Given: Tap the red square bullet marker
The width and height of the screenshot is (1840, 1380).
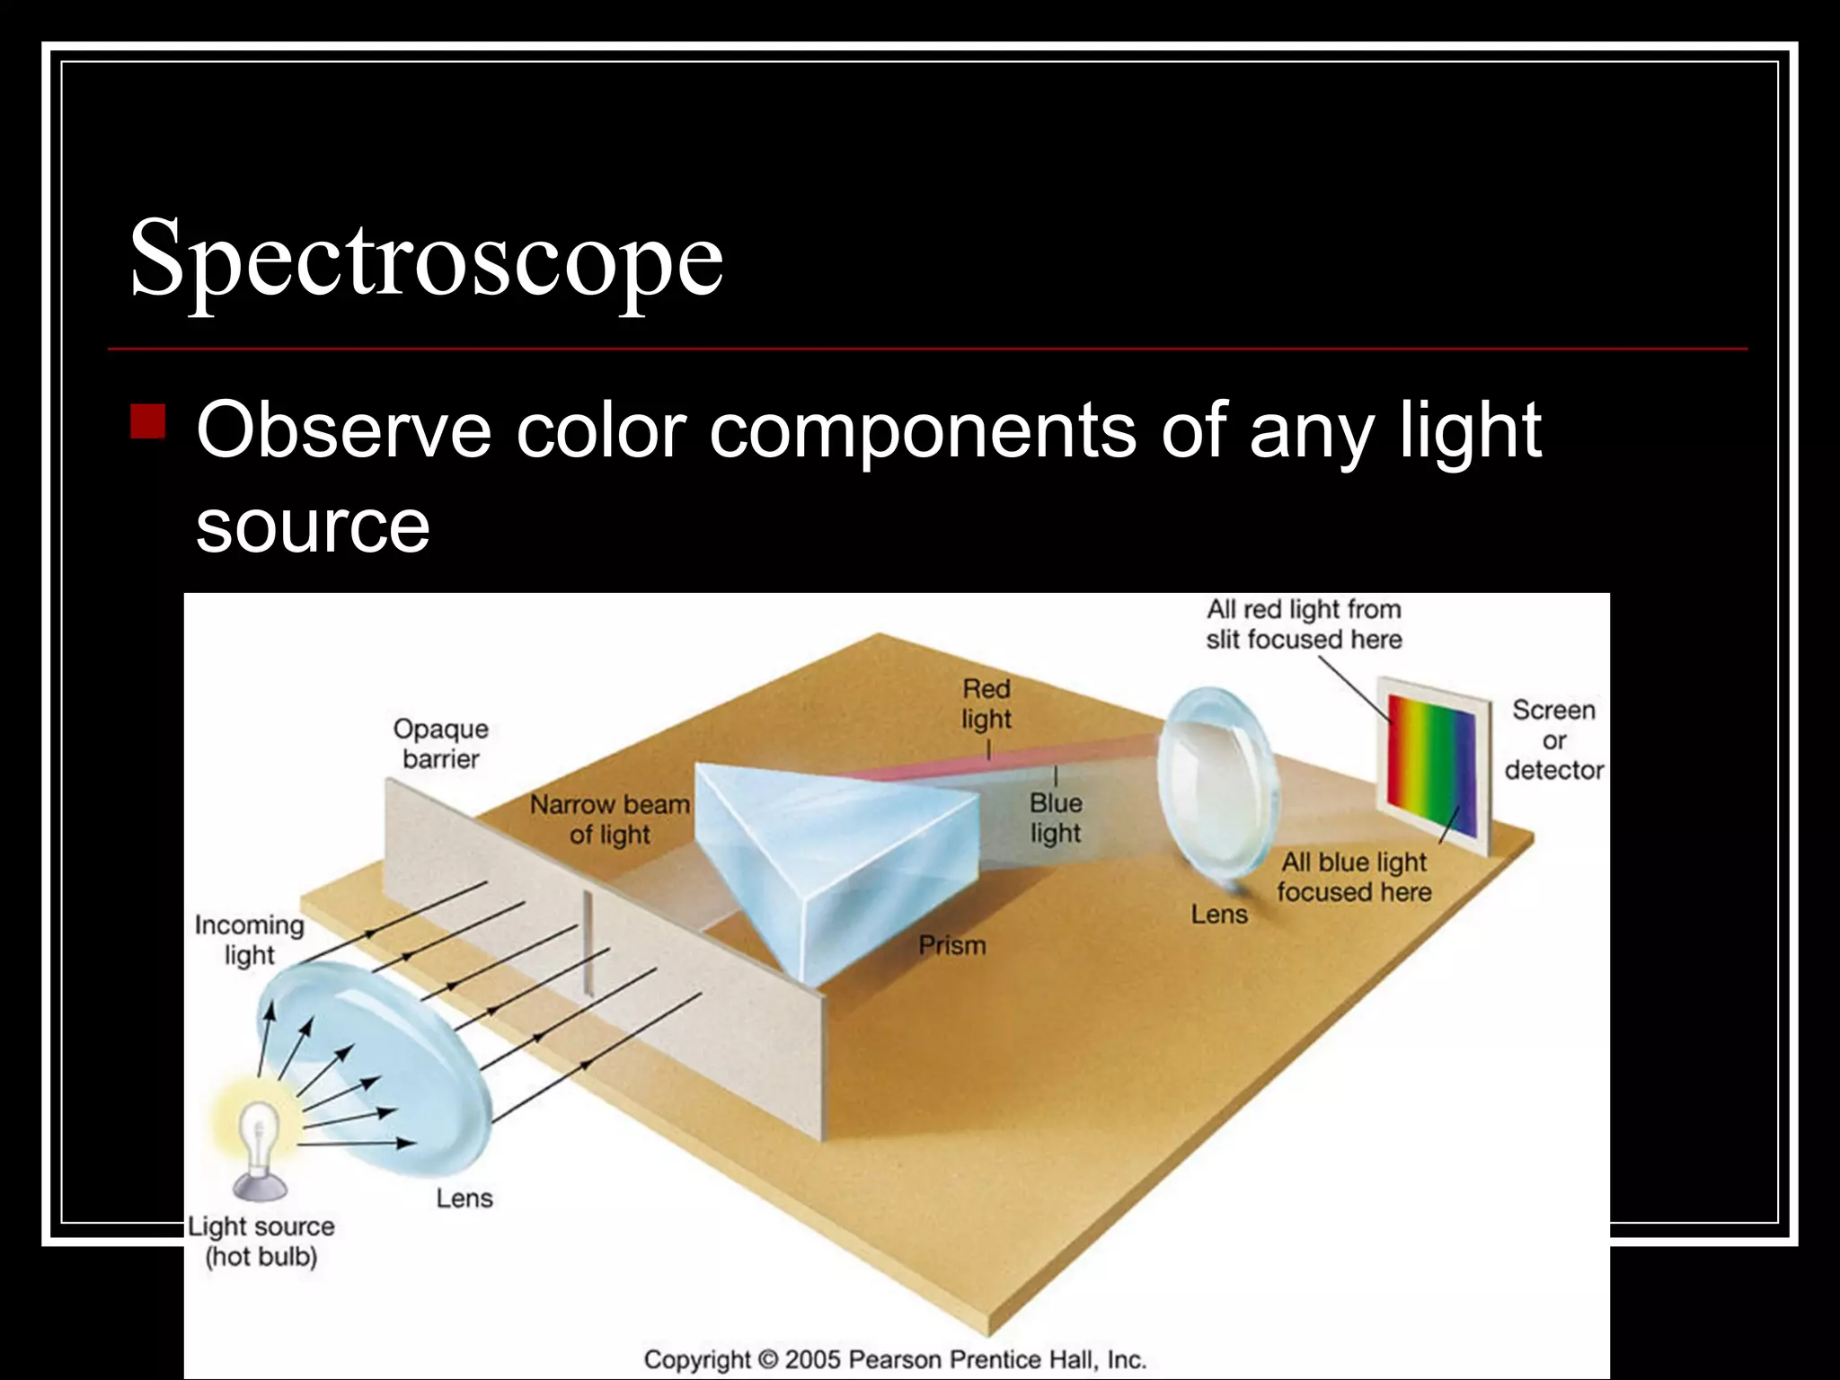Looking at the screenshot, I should (x=148, y=420).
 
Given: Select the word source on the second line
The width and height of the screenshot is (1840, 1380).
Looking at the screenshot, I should (x=313, y=526).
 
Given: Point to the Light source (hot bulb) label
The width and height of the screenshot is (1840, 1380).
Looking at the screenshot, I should (x=261, y=1241).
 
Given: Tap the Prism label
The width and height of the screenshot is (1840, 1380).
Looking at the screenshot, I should (x=951, y=945).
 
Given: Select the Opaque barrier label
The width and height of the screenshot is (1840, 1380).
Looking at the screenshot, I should (x=440, y=744).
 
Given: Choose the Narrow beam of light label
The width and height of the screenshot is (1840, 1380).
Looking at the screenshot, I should (x=609, y=819).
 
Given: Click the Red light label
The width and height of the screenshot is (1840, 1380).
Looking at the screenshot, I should (x=986, y=703).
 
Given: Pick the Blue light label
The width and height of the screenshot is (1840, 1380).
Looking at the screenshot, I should (x=1055, y=818).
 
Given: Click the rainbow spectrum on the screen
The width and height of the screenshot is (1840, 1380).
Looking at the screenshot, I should (x=1430, y=764).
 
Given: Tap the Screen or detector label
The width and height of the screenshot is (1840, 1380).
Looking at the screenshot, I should (x=1553, y=739).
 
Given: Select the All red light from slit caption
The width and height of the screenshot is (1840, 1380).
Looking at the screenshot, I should (x=1303, y=624).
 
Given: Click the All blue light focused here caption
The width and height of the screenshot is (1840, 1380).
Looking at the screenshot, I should (x=1353, y=877).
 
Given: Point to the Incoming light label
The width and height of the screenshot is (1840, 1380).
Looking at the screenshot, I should (x=249, y=940).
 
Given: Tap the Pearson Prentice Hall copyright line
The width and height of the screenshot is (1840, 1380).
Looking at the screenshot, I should (x=895, y=1359).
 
